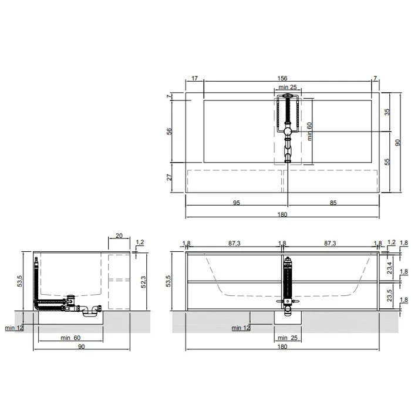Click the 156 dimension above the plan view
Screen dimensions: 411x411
(282, 78)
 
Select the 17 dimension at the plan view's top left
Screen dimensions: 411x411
(194, 78)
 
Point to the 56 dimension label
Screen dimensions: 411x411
(169, 132)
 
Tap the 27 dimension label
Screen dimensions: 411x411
(169, 177)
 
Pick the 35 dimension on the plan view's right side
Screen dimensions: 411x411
(387, 112)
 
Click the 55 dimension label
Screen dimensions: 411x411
(387, 161)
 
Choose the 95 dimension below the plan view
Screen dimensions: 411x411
(237, 203)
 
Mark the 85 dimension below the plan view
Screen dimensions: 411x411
(333, 203)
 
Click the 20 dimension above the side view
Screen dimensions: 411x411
(119, 235)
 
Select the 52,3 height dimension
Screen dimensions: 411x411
(143, 282)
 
